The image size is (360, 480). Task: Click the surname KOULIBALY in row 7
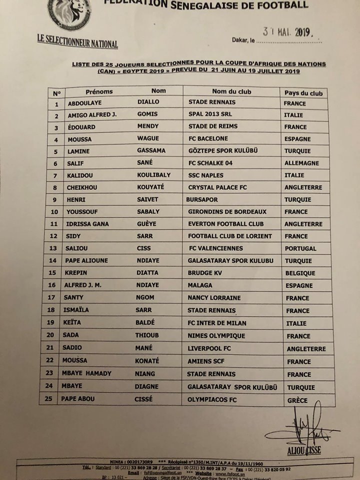[156, 175]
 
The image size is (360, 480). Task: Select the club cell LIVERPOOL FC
[208, 348]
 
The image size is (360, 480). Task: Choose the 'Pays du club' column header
[303, 93]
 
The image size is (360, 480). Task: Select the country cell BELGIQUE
[300, 273]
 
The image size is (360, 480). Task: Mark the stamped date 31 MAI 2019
[287, 33]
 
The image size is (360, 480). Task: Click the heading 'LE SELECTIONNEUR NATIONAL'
[77, 41]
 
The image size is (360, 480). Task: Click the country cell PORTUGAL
[300, 248]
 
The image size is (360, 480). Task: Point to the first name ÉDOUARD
[81, 127]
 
